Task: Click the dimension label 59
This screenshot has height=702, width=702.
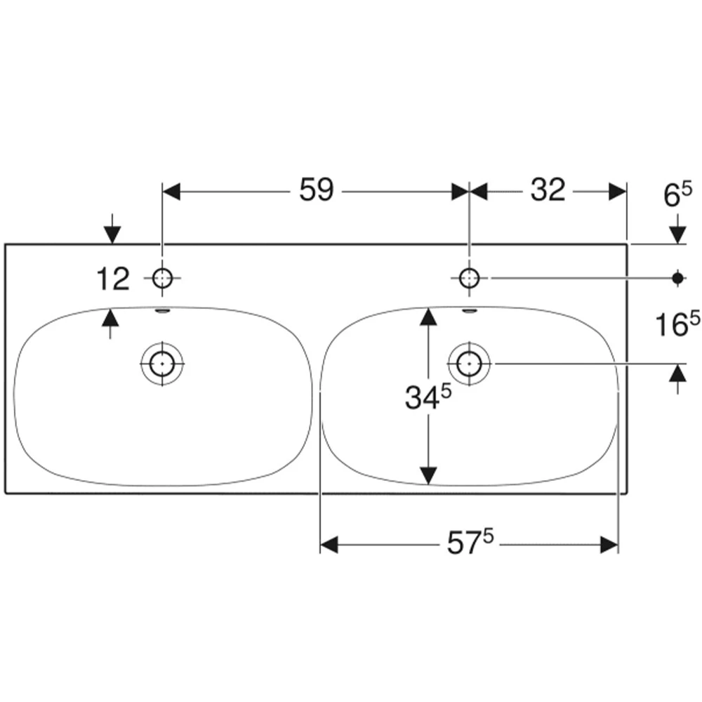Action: pos(317,190)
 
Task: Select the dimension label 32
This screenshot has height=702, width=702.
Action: pos(548,190)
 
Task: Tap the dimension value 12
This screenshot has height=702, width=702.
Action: pos(113,279)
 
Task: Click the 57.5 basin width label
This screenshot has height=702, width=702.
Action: pos(470,543)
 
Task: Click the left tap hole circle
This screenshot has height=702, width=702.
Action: pos(162,279)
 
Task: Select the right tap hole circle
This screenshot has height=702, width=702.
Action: pos(469,279)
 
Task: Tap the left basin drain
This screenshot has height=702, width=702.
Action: pos(162,364)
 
